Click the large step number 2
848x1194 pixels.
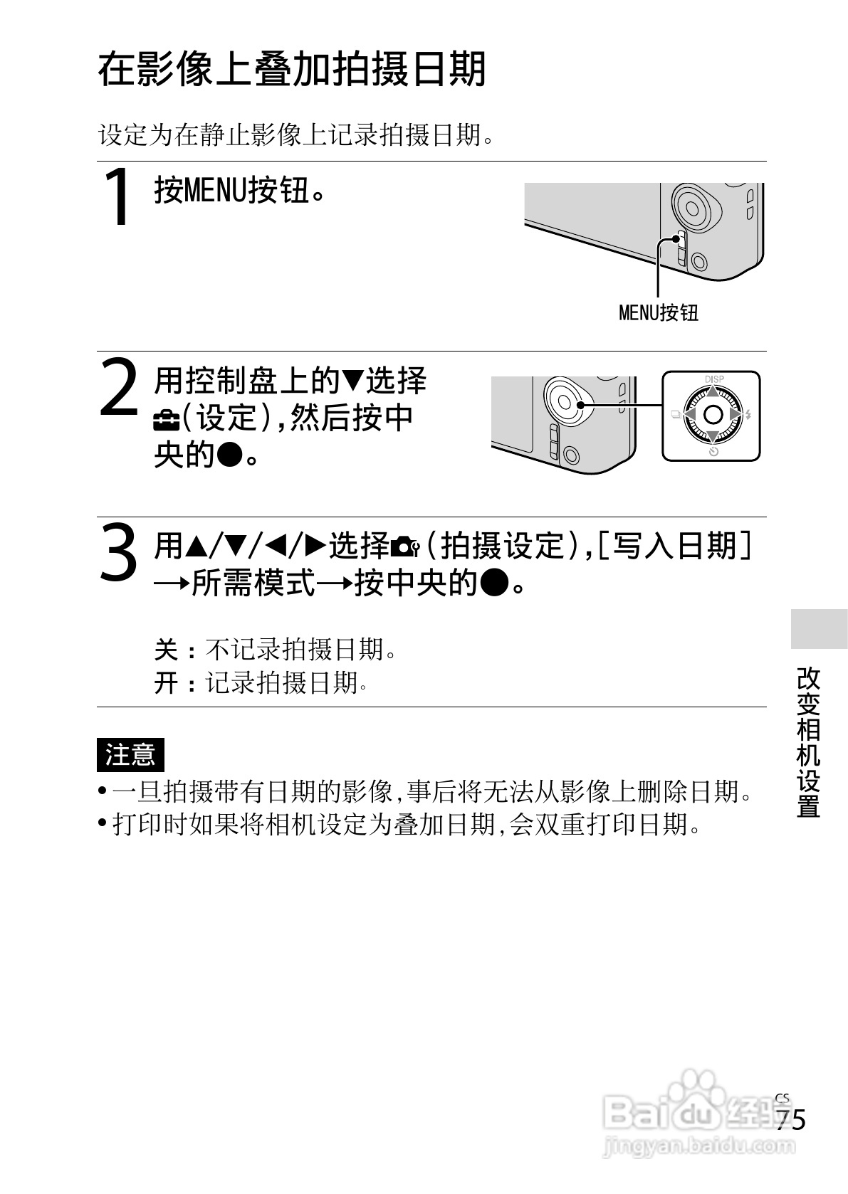[x=119, y=388]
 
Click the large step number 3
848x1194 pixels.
[x=117, y=552]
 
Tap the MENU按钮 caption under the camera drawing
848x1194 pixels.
[x=659, y=312]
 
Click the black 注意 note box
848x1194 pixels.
[x=130, y=754]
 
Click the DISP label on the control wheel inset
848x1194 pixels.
[x=713, y=380]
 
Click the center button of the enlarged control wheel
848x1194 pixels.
[x=713, y=415]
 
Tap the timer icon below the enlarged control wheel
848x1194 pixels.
[x=713, y=452]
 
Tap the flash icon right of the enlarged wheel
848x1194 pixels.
[x=749, y=415]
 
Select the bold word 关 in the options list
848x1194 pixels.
[x=166, y=650]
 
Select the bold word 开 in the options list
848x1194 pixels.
[x=166, y=684]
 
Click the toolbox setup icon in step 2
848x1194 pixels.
[x=165, y=420]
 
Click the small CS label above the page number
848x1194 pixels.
[x=782, y=1097]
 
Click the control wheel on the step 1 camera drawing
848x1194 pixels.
[x=691, y=207]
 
